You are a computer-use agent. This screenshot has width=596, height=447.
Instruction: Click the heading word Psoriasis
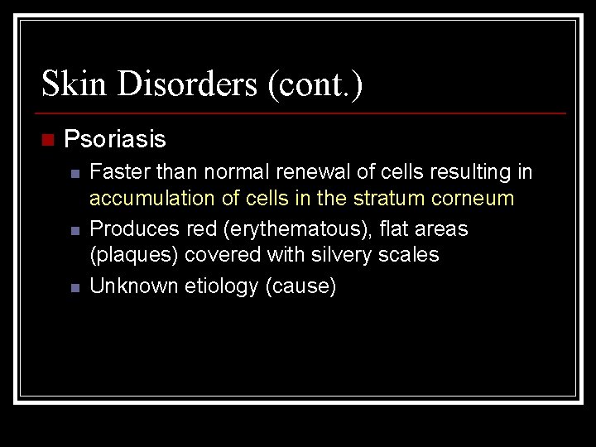115,139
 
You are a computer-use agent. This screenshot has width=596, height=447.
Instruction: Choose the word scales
411,255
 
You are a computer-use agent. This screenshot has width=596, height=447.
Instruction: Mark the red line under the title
303,113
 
